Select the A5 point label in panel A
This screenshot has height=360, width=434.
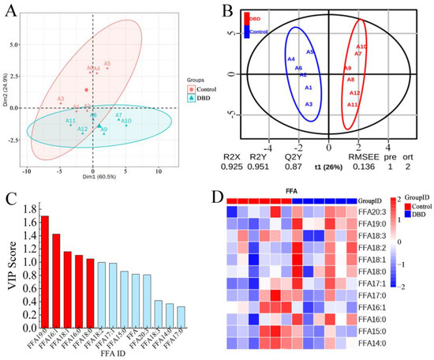click(x=107, y=63)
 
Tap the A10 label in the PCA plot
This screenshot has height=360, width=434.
click(x=126, y=121)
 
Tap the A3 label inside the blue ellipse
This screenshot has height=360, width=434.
click(x=309, y=104)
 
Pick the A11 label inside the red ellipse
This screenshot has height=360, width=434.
click(x=353, y=104)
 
